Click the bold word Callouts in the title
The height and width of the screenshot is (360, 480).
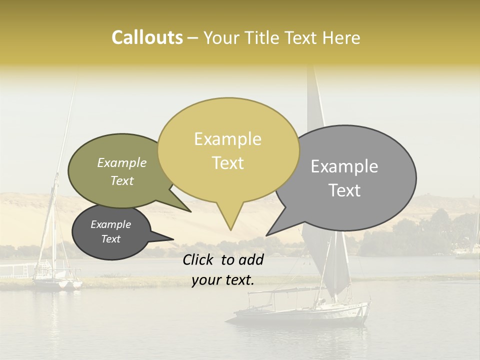pos(147,37)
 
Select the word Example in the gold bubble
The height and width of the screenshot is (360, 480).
pos(227,139)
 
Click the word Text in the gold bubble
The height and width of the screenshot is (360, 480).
pos(227,163)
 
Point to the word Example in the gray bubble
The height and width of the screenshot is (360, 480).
pos(344,166)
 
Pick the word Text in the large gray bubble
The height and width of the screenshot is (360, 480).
pos(344,190)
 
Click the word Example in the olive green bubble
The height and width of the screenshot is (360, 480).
pos(122,163)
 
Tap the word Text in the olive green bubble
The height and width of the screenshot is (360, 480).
pos(122,181)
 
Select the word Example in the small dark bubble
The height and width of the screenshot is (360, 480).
pos(110,224)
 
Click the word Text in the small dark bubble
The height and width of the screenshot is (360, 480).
pos(110,239)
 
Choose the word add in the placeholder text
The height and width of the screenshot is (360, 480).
pos(252,259)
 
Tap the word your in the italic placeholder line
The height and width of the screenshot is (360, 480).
pos(206,280)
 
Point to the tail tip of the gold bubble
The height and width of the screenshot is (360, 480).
pos(230,230)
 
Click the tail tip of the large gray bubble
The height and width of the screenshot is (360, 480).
pos(266,235)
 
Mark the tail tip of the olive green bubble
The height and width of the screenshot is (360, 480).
pos(190,211)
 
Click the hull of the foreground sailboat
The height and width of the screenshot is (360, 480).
pos(300,315)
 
